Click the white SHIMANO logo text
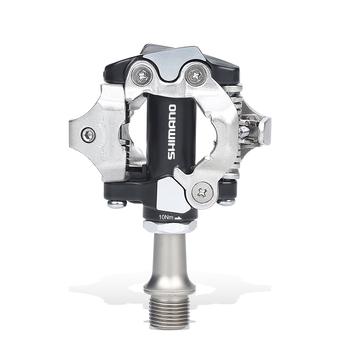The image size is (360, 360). (x=172, y=132)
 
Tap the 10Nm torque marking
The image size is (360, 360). (x=166, y=217)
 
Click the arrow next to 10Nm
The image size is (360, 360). (x=178, y=218)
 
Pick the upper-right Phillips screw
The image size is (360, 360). (x=195, y=74)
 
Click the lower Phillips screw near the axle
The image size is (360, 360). (x=202, y=193)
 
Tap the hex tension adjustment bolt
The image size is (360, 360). (x=89, y=135)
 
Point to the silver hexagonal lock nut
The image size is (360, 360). (x=170, y=226)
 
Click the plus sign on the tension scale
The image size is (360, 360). (x=101, y=153)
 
